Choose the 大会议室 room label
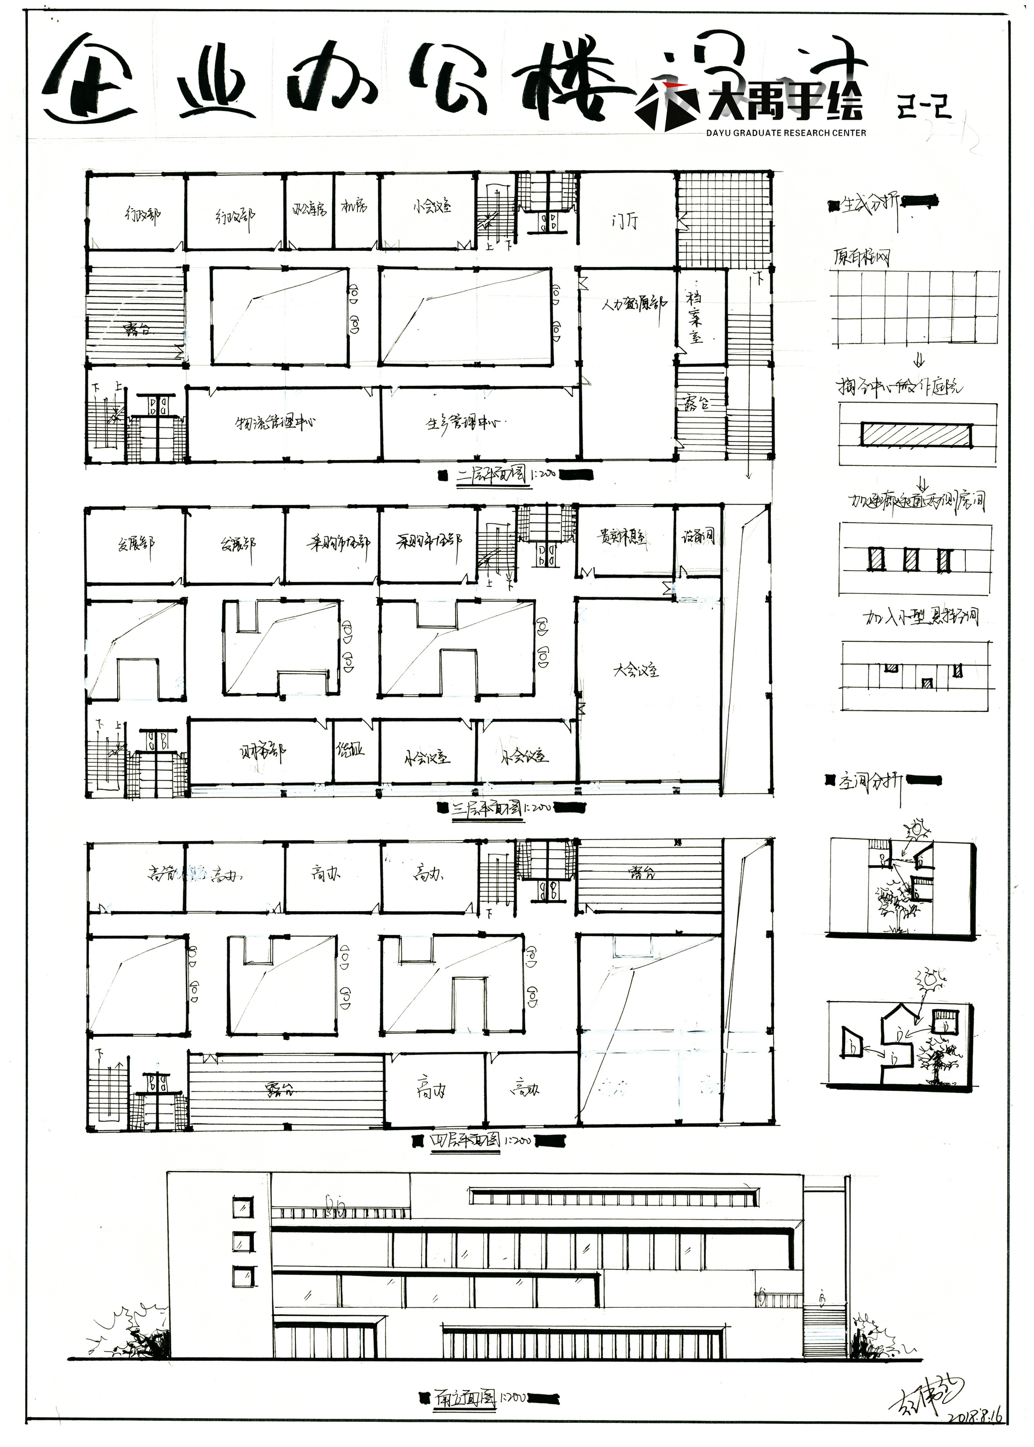(x=636, y=670)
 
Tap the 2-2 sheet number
(x=924, y=106)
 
